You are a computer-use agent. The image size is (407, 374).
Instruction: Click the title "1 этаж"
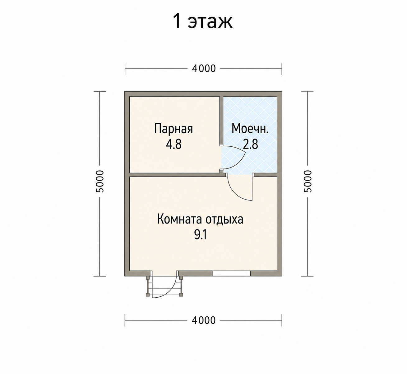(x=203, y=22)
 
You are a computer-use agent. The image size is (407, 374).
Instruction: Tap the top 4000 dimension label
(x=204, y=69)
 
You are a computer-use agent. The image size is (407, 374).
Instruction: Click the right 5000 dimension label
(x=308, y=181)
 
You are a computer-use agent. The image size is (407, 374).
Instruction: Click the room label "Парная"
(x=173, y=129)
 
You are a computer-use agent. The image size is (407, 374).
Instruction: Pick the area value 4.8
(x=174, y=145)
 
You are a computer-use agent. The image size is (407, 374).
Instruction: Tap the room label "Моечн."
(x=250, y=129)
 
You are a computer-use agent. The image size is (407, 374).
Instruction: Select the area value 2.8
(x=250, y=144)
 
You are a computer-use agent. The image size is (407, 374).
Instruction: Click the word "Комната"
(x=180, y=220)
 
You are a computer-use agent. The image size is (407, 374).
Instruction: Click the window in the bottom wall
(x=231, y=274)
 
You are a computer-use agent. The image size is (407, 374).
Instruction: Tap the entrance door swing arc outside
(x=171, y=292)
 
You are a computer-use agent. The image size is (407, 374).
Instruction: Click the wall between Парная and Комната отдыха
(x=175, y=174)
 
